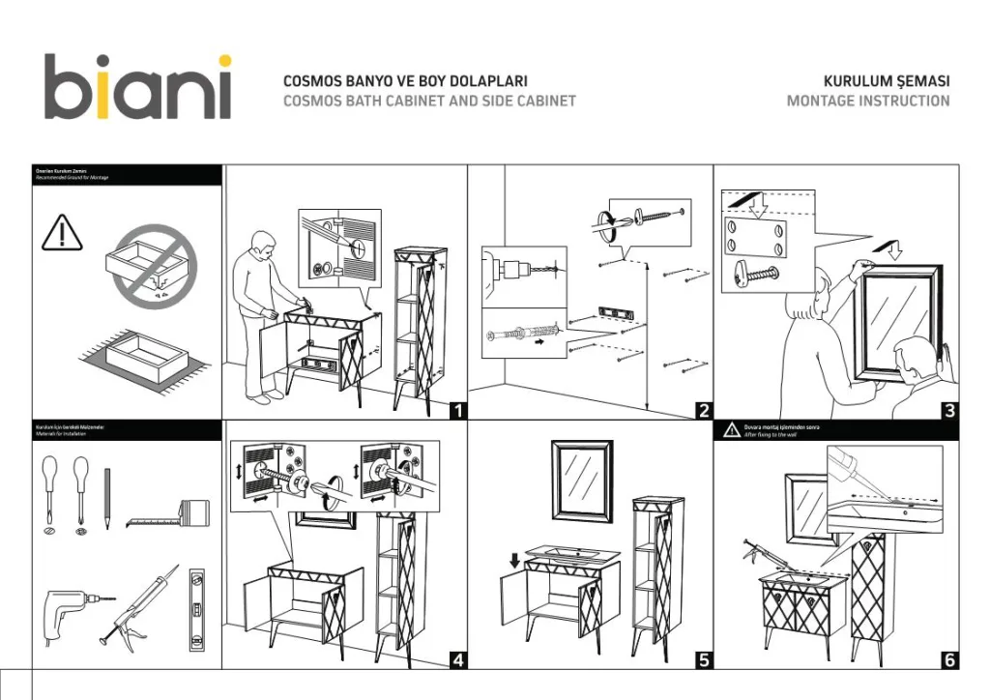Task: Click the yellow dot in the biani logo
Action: pos(223,62)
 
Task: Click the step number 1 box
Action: pos(458,411)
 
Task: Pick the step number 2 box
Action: pos(705,411)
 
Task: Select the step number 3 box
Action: pos(950,411)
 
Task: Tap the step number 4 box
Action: pos(458,660)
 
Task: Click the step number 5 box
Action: pos(705,660)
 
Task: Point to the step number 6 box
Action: pos(950,660)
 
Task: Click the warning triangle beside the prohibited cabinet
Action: pos(62,232)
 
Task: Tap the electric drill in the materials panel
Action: pos(68,608)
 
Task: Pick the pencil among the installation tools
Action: pos(107,496)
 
